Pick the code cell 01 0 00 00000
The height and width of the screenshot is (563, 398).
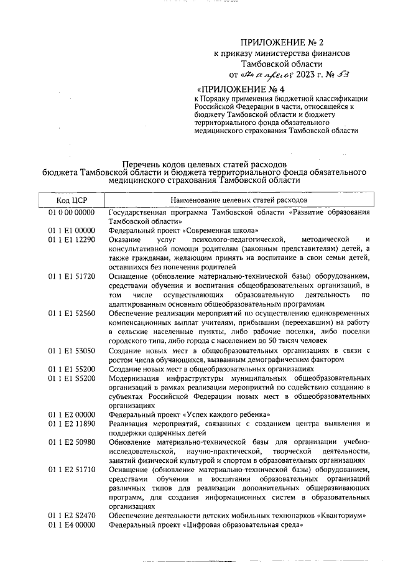tap(72, 212)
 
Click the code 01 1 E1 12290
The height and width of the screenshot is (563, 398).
tap(72, 240)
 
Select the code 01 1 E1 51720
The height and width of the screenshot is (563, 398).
tap(72, 276)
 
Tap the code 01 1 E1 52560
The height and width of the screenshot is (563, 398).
tap(72, 313)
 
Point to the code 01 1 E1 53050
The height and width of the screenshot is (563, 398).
tap(72, 350)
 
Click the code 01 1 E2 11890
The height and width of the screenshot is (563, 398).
tap(72, 424)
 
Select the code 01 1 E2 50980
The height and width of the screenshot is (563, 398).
tap(72, 442)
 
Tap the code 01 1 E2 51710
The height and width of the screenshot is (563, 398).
tap(72, 470)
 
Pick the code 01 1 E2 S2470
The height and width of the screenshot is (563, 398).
tap(72, 516)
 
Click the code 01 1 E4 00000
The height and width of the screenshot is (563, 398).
tap(72, 525)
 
